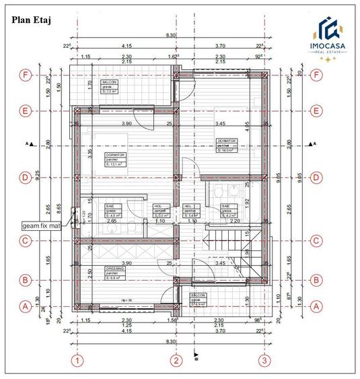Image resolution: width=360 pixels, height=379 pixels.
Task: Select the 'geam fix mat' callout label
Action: (x=42, y=226)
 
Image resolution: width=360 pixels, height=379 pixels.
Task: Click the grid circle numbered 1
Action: (x=78, y=361)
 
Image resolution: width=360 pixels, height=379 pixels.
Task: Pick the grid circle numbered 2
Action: (x=176, y=361)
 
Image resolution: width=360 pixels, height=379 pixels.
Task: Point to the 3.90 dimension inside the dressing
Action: (x=125, y=264)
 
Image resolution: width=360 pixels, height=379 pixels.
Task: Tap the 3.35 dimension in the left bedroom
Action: (x=89, y=153)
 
